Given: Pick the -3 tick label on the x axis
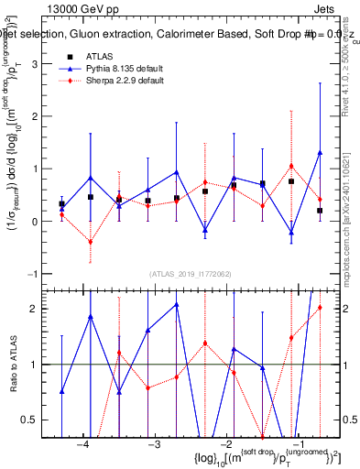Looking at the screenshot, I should click(153, 444).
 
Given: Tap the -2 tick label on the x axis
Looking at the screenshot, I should click(224, 444).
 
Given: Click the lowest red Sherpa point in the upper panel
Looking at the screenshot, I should click(90, 242).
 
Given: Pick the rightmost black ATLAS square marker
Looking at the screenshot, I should click(320, 211).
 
